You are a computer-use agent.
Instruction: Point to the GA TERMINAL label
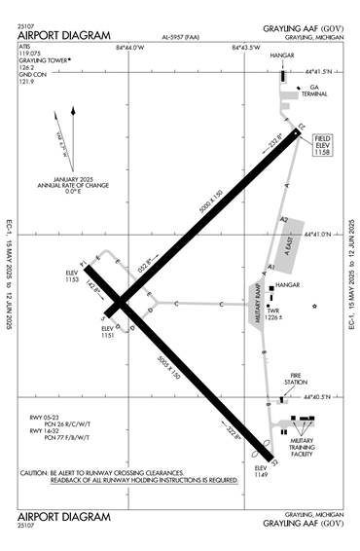click(x=313, y=90)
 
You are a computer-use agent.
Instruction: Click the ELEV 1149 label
click(x=260, y=470)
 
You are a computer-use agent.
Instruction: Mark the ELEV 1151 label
click(x=108, y=333)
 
